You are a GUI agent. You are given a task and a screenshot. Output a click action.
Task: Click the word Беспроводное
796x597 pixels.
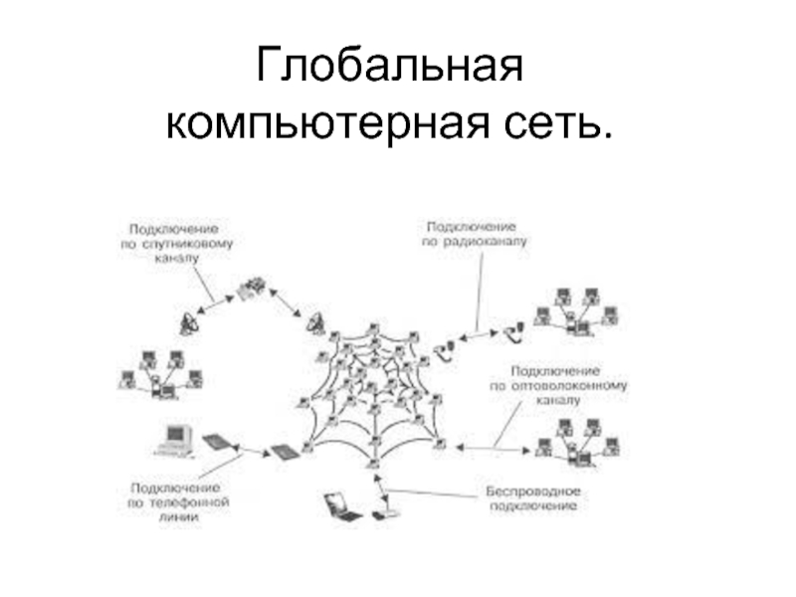pyautogui.click(x=532, y=492)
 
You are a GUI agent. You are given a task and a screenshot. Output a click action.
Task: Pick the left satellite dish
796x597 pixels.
pyautogui.click(x=190, y=323)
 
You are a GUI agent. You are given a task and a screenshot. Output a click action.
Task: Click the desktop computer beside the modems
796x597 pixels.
pyautogui.click(x=175, y=439)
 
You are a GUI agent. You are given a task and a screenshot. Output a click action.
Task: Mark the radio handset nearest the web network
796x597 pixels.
pyautogui.click(x=447, y=347)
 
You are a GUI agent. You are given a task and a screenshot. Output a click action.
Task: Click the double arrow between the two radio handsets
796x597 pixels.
pyautogui.click(x=480, y=337)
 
